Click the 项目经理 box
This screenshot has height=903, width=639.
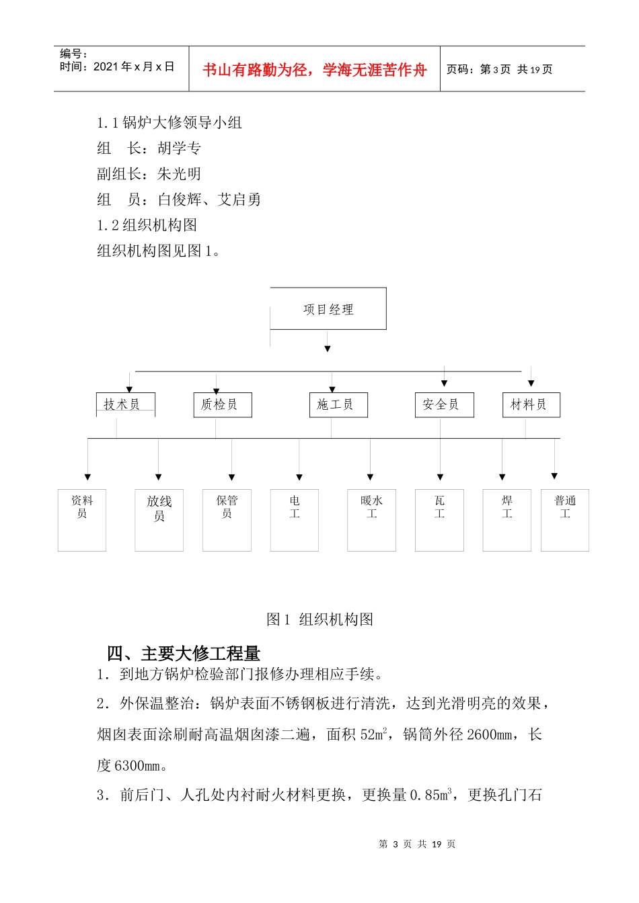pos(328,309)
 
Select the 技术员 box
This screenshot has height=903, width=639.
pos(125,404)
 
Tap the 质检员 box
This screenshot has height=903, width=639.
pos(222,404)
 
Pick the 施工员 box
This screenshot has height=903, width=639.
pos(338,404)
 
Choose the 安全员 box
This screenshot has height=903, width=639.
pos(444,404)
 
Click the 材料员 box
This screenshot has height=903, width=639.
pos(531,404)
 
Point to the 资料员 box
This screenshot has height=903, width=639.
pos(82,520)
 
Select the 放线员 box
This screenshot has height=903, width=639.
pos(159,520)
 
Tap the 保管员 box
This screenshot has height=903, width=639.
pos(227,520)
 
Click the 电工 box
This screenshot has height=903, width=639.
pos(295,520)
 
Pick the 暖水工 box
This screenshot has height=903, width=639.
pos(371,520)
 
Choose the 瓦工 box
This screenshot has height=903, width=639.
pos(439,520)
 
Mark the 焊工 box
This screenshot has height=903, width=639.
pos(506,520)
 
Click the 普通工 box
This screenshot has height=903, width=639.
pos(565,520)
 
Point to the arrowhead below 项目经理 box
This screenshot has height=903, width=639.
pos(328,349)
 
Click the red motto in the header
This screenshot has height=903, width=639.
pos(314,70)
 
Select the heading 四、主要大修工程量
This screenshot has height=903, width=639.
pos(184,653)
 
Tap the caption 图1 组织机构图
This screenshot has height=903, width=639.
pos(319,619)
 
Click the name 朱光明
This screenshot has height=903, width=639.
pos(179,174)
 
